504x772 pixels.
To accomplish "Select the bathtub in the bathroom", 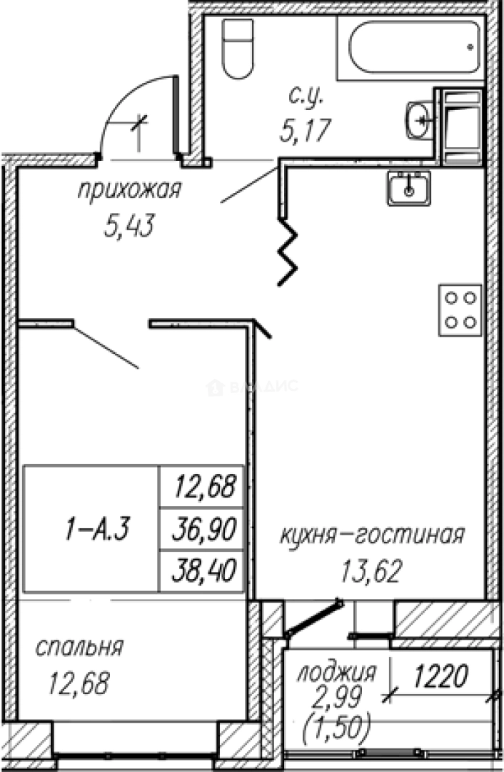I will point(415,46).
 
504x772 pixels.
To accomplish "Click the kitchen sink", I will point(408,188).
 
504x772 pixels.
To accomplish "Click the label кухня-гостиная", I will point(372,535).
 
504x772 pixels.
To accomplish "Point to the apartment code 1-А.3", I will point(91,530).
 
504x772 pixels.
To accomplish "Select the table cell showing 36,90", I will point(203,530).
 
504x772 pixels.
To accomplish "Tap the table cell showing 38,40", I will point(203,571).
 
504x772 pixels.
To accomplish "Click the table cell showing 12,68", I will point(203,488).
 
